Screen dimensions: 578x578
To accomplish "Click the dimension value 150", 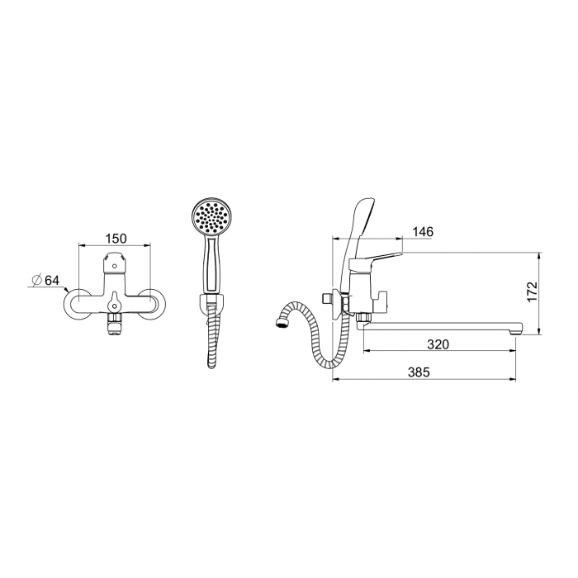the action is [x=116, y=239].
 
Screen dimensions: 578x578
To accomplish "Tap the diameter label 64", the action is [x=51, y=280].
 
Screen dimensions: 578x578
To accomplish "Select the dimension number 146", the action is [x=423, y=232].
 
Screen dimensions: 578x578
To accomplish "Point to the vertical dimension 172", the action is [x=532, y=291].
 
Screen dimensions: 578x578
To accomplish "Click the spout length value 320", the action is [x=438, y=344].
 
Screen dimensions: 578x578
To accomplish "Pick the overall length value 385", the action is [x=419, y=372].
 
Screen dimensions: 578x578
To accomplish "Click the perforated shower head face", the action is [x=209, y=217].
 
